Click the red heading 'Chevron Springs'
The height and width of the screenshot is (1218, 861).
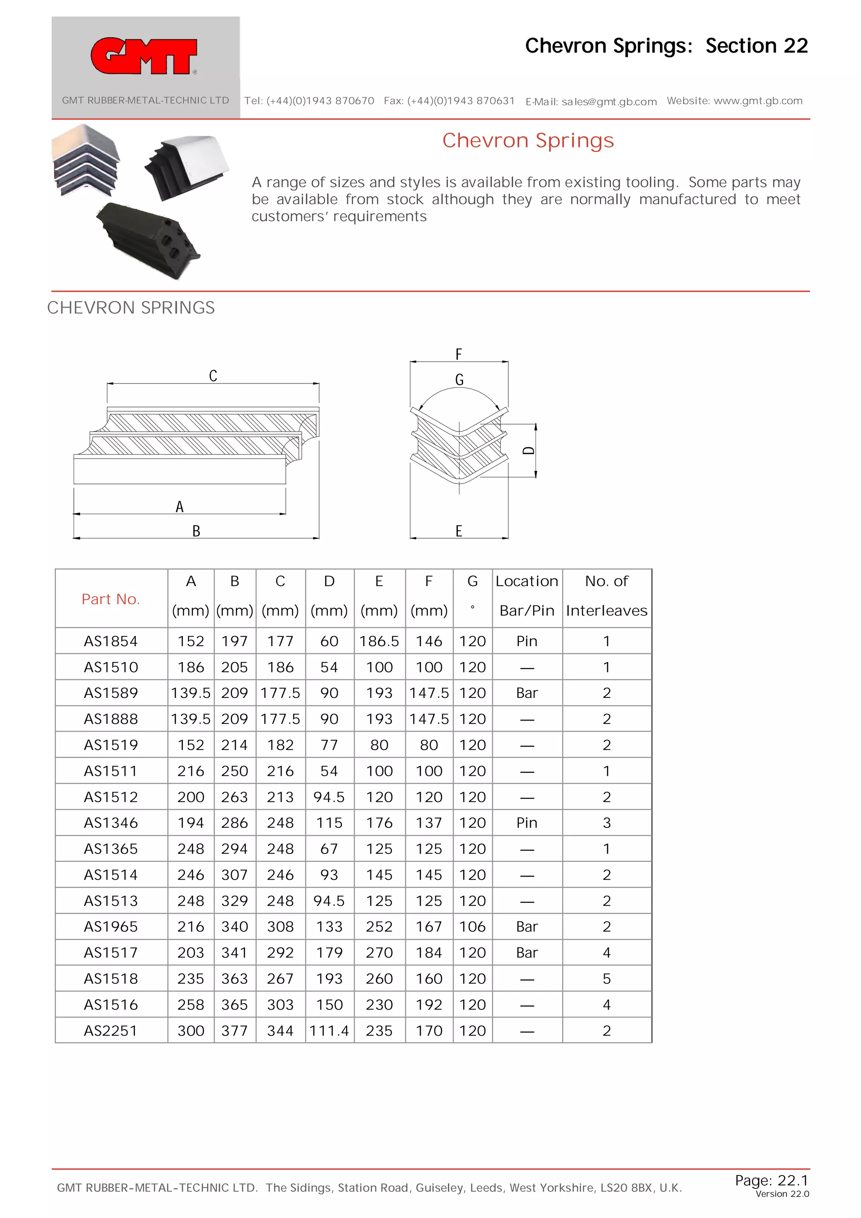(x=528, y=140)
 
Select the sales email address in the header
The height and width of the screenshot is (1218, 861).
(x=609, y=102)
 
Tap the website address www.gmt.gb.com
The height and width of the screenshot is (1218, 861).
(x=758, y=101)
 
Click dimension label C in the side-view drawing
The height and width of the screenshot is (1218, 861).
(x=213, y=375)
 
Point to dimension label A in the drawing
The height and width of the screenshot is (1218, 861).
(x=180, y=507)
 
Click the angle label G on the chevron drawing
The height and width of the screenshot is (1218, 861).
(x=459, y=380)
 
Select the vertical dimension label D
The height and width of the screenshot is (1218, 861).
(x=528, y=450)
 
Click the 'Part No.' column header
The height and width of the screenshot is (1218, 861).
(x=110, y=599)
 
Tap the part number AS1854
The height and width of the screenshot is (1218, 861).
(x=110, y=641)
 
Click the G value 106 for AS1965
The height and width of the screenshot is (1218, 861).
(x=472, y=927)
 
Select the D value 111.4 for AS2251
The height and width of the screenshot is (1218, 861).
(x=329, y=1031)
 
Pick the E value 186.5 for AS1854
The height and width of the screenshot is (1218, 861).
(x=379, y=641)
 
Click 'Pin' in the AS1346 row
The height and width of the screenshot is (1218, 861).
(x=527, y=823)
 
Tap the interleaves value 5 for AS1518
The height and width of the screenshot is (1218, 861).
(x=606, y=979)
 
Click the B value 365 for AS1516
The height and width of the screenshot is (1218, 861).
(x=235, y=1005)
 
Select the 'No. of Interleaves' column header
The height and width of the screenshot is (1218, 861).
(x=606, y=596)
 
